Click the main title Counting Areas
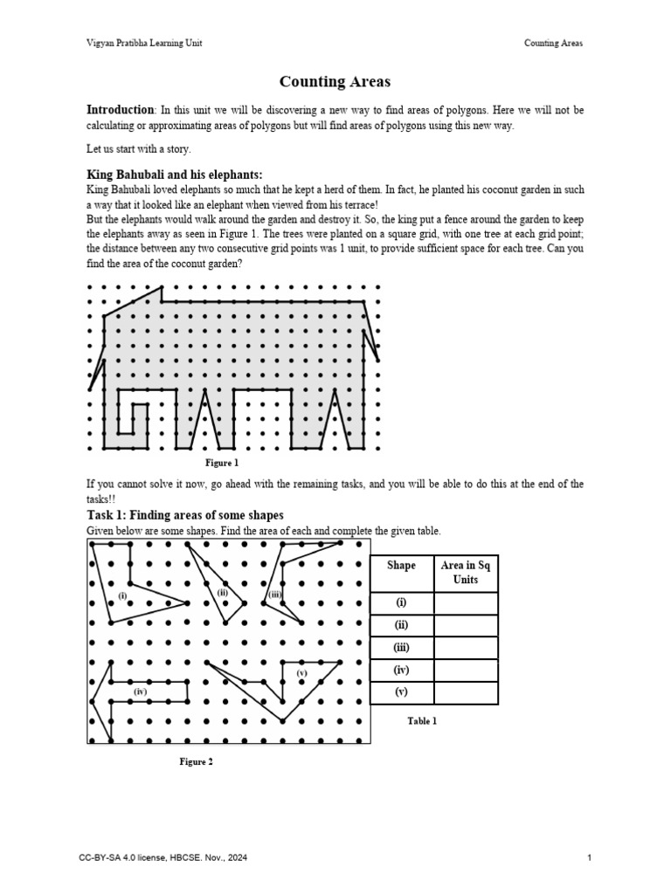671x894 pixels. [335, 82]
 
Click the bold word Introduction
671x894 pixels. [120, 110]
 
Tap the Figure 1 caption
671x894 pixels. [221, 463]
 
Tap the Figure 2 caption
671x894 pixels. [196, 761]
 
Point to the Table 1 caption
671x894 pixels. [422, 720]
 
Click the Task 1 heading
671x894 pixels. [184, 515]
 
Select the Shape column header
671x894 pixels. [401, 566]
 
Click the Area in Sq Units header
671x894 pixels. [465, 573]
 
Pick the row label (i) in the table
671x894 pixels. [401, 603]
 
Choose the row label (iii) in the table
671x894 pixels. [401, 648]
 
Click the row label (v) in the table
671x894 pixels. [401, 693]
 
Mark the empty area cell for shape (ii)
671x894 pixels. [465, 626]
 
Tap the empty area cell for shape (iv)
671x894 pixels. [465, 670]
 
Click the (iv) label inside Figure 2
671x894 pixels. [140, 691]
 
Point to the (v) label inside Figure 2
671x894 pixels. [301, 673]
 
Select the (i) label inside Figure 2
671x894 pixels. [122, 595]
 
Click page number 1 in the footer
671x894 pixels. [590, 858]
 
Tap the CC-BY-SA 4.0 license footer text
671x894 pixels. [163, 858]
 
